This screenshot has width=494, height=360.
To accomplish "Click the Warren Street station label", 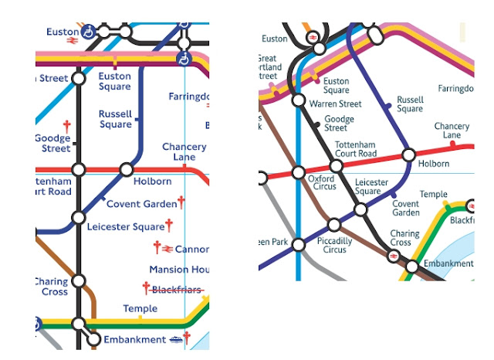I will pyautogui.click(x=335, y=104).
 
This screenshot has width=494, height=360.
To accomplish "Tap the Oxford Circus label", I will pyautogui.click(x=321, y=182).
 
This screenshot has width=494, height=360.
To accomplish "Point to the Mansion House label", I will pyautogui.click(x=179, y=270).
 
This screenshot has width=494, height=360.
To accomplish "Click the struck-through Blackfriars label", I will pyautogui.click(x=177, y=290).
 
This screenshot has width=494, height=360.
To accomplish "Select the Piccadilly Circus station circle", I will pyautogui.click(x=333, y=226).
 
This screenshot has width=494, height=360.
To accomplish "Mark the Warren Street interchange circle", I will pyautogui.click(x=299, y=100).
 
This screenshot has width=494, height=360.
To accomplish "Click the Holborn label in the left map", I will pyautogui.click(x=152, y=182).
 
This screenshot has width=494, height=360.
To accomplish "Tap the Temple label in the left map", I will pyautogui.click(x=140, y=309).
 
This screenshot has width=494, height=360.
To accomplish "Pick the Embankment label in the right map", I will pyautogui.click(x=448, y=263).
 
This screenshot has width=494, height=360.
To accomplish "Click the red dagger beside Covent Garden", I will pyautogui.click(x=181, y=202).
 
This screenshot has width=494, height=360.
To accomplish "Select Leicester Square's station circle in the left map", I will pyautogui.click(x=78, y=218).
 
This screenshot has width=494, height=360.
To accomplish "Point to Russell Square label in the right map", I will pyautogui.click(x=409, y=104).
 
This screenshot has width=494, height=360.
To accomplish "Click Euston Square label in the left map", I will pyautogui.click(x=114, y=81).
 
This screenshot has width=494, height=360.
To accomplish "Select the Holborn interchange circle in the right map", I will pyautogui.click(x=408, y=154).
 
